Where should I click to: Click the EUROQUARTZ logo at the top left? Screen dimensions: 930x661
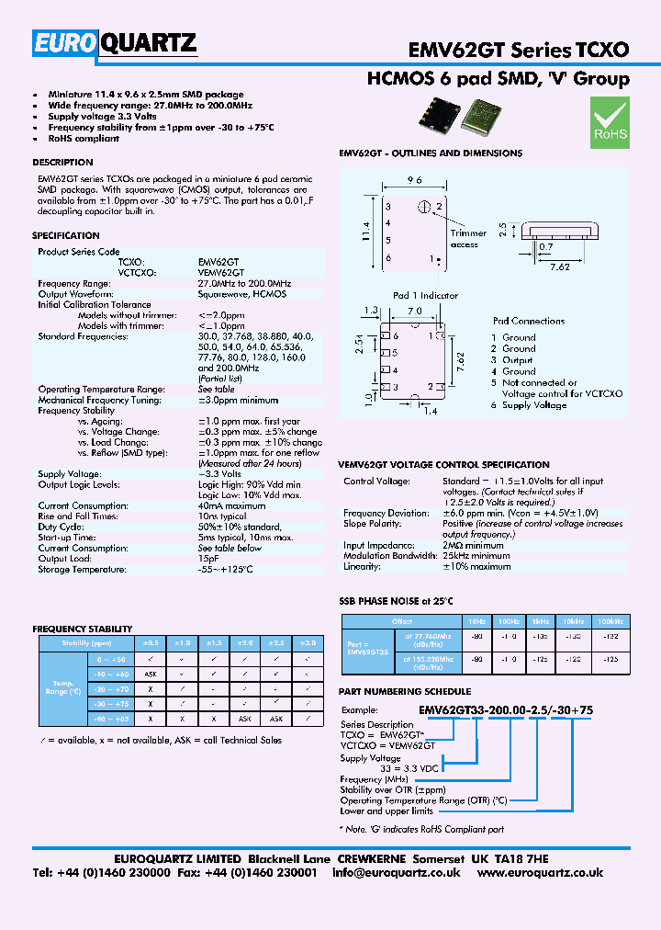pos(116,43)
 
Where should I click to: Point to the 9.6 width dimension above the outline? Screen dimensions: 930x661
pos(414,181)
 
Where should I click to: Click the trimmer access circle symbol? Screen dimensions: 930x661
pos(424,206)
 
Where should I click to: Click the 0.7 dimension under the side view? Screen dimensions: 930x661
pos(546,247)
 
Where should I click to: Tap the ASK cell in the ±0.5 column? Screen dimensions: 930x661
pos(150,674)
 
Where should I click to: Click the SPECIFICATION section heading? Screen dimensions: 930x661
pos(66,236)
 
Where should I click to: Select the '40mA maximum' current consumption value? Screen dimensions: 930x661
pos(231,506)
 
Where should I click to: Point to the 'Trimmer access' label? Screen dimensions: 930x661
pos(468,239)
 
